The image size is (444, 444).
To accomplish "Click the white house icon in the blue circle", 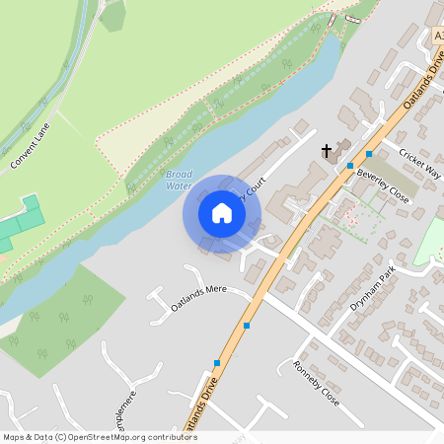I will tap(222, 213).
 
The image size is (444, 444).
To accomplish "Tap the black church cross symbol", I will tap(327, 151).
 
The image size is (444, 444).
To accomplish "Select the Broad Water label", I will tap(179, 179).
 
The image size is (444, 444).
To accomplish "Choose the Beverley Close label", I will tap(383, 184).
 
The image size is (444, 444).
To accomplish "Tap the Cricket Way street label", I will tap(420, 163).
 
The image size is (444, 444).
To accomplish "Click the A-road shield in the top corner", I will tap(437, 37).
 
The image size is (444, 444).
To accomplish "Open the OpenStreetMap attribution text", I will tap(100, 437).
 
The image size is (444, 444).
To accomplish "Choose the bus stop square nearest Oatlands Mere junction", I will tap(247, 326).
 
